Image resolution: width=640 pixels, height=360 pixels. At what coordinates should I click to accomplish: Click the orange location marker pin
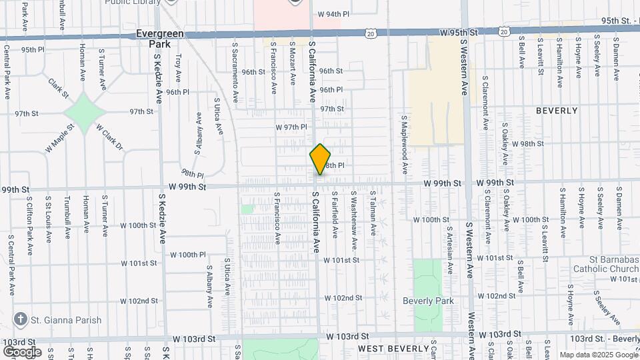click(320, 159)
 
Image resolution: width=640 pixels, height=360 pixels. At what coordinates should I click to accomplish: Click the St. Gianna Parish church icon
click(20, 319)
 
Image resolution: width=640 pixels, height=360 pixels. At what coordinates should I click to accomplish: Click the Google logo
click(22, 351)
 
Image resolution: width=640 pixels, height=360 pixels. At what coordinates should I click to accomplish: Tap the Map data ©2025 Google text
click(598, 355)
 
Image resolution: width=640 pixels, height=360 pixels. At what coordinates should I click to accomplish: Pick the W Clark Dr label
click(109, 137)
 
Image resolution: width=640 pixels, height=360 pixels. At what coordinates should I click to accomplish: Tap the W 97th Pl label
click(291, 126)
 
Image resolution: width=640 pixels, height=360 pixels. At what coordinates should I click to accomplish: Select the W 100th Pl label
click(188, 255)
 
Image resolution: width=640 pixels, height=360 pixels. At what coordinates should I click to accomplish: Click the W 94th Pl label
click(333, 13)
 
